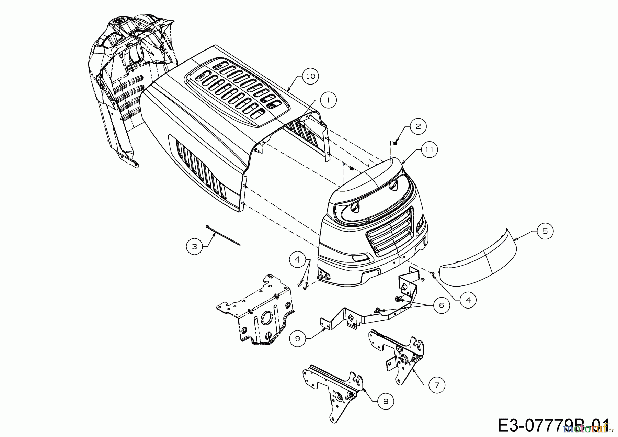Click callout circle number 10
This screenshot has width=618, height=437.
[x=310, y=76]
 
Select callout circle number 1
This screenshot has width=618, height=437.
[x=329, y=100]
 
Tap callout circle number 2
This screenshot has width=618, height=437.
[x=418, y=126]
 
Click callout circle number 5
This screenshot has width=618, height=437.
[x=545, y=231]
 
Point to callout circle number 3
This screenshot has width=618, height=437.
[x=195, y=246]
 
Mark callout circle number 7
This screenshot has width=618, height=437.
[x=437, y=385]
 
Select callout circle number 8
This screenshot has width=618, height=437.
[x=386, y=401]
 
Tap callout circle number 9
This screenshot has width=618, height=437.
[x=297, y=339]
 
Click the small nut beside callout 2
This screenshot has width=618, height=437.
[x=396, y=143]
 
